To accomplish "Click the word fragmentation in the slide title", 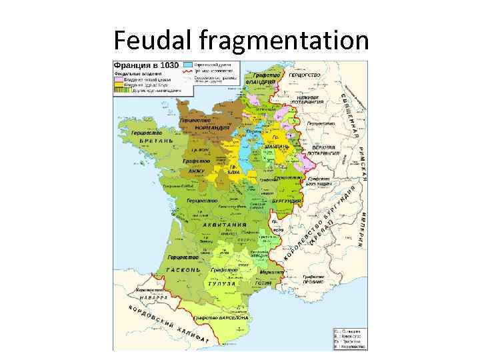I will click(x=283, y=41).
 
